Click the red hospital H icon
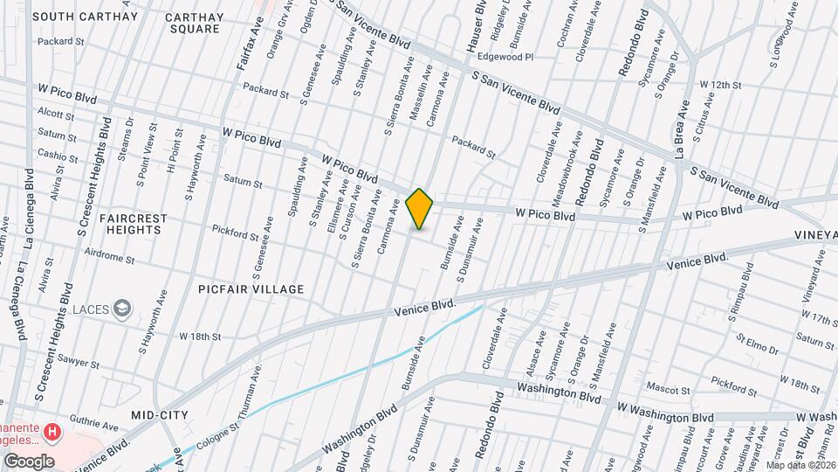pyautogui.click(x=53, y=432)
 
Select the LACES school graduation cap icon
pyautogui.click(x=123, y=307)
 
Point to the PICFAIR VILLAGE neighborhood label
pyautogui.click(x=251, y=289)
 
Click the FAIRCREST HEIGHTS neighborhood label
pyautogui.click(x=130, y=223)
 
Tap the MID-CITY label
pyautogui.click(x=161, y=414)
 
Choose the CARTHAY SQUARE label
pyautogui.click(x=195, y=23)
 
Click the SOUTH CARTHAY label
pyautogui.click(x=85, y=17)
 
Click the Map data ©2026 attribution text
pyautogui.click(x=800, y=465)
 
